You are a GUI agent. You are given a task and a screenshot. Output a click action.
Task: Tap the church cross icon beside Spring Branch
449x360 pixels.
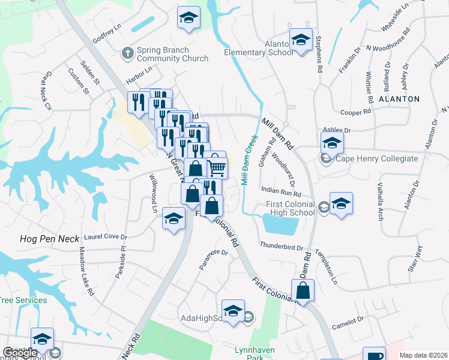(127, 54)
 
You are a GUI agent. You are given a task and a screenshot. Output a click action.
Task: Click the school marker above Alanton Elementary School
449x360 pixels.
(300, 41)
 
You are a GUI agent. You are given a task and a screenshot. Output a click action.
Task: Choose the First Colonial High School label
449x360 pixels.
(291, 208)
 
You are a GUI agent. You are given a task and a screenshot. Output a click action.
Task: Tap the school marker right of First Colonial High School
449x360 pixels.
(340, 203)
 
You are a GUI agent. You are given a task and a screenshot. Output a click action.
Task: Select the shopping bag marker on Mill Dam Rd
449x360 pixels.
(304, 291)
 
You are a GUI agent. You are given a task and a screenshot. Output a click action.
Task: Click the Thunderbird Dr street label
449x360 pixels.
(282, 246)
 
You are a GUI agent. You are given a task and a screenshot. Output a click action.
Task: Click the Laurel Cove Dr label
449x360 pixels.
(106, 237)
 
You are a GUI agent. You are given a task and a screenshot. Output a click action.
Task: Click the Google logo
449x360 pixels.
(20, 353)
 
